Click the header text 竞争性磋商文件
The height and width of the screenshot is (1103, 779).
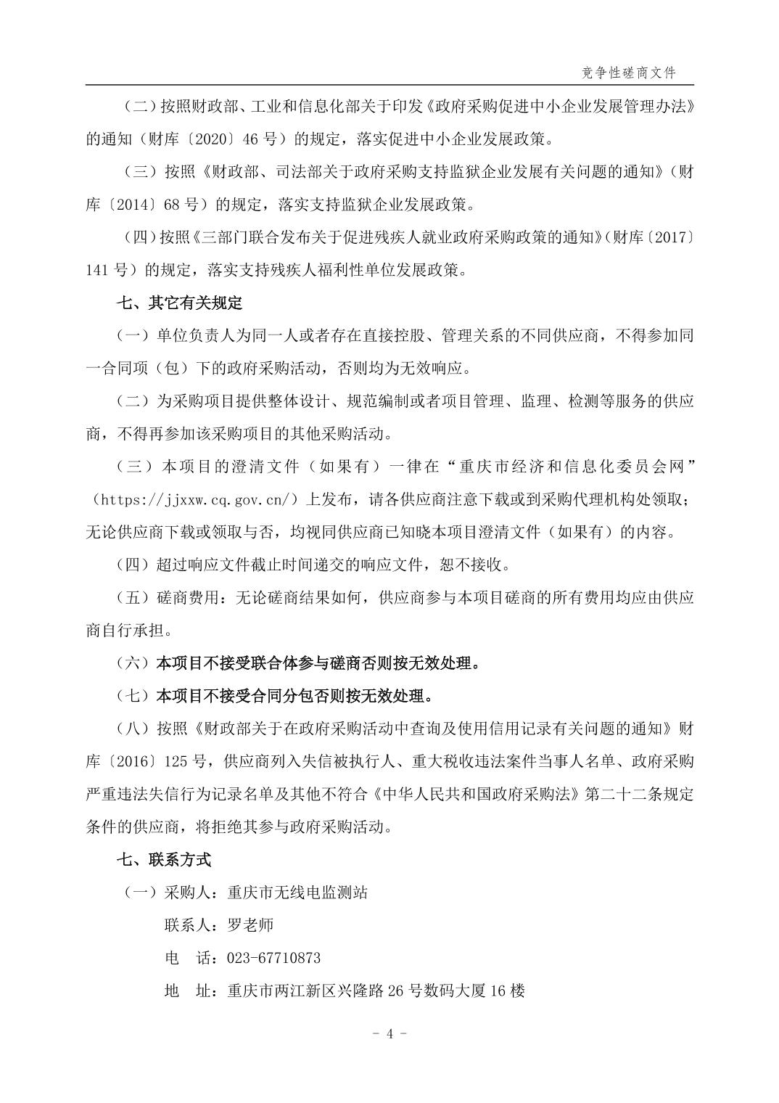[628, 73]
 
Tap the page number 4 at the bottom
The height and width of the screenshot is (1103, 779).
[389, 1034]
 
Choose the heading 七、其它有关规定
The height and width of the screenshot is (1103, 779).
[180, 303]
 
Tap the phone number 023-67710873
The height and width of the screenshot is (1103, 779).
[273, 958]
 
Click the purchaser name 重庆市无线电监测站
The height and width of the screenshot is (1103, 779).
[297, 893]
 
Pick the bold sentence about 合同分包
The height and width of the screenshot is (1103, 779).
[294, 696]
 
